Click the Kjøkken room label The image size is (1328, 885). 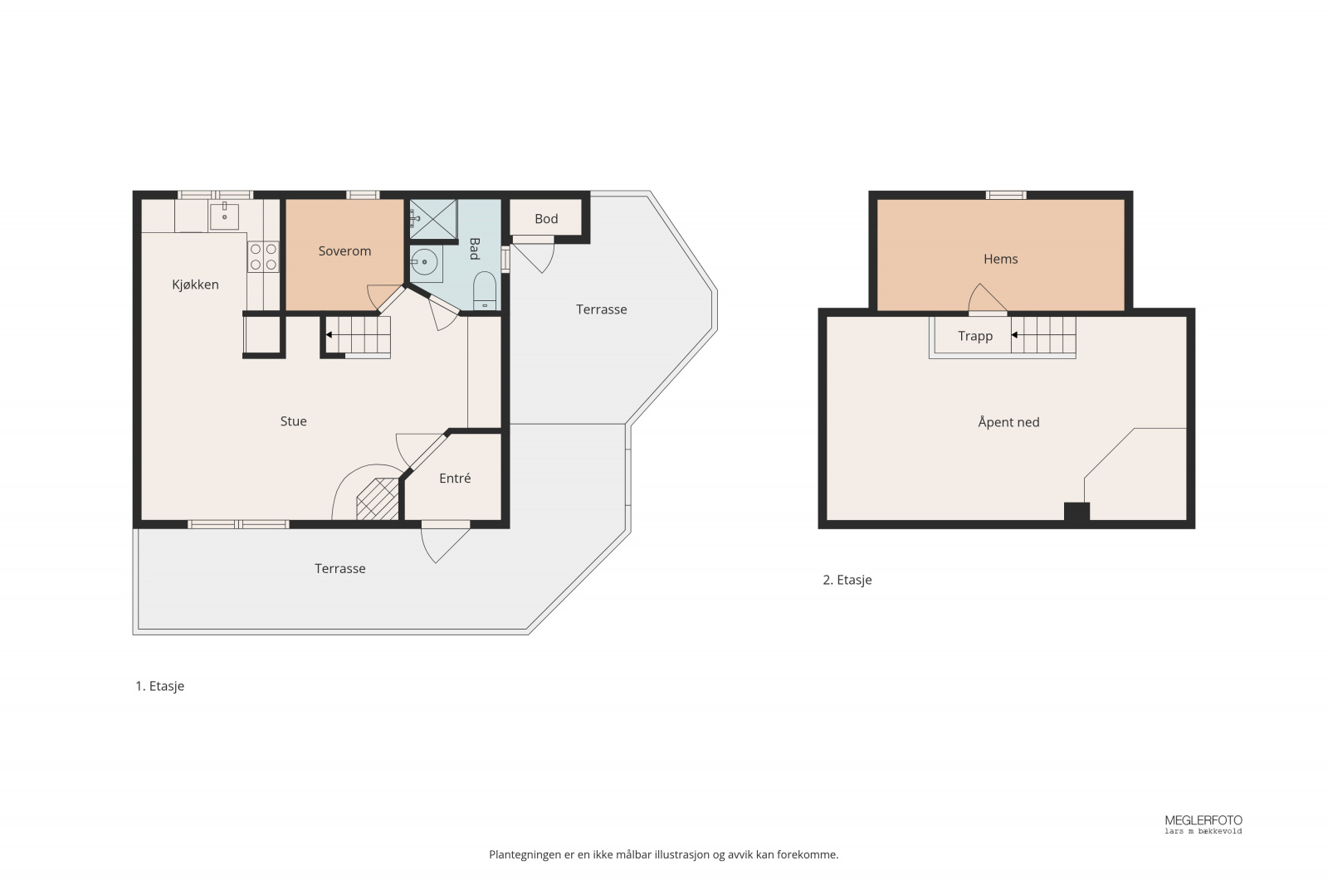195,284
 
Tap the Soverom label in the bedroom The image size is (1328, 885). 344,250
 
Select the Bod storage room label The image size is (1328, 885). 546,219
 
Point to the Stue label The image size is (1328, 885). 294,421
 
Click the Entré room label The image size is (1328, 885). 455,478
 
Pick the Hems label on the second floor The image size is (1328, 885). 1001,259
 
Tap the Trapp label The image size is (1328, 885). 975,337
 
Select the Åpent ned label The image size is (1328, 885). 1008,422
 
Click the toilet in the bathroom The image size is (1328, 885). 485,291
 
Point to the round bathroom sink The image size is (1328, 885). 424,262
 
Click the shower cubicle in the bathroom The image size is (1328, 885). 433,219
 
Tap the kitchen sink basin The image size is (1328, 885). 224,216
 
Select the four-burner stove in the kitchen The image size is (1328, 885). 263,256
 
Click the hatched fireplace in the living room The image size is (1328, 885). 378,499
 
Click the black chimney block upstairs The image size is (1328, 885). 1077,513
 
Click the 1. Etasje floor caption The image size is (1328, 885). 159,686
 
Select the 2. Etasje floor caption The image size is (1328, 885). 847,580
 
